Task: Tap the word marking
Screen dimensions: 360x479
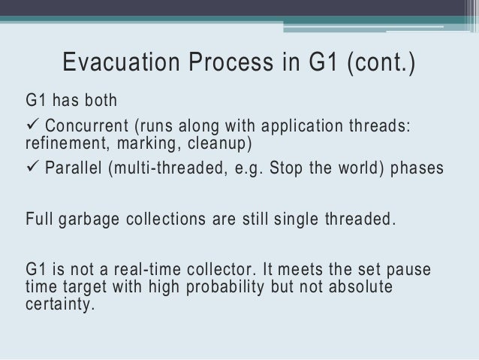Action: coord(139,142)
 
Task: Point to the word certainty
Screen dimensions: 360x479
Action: coord(60,306)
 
